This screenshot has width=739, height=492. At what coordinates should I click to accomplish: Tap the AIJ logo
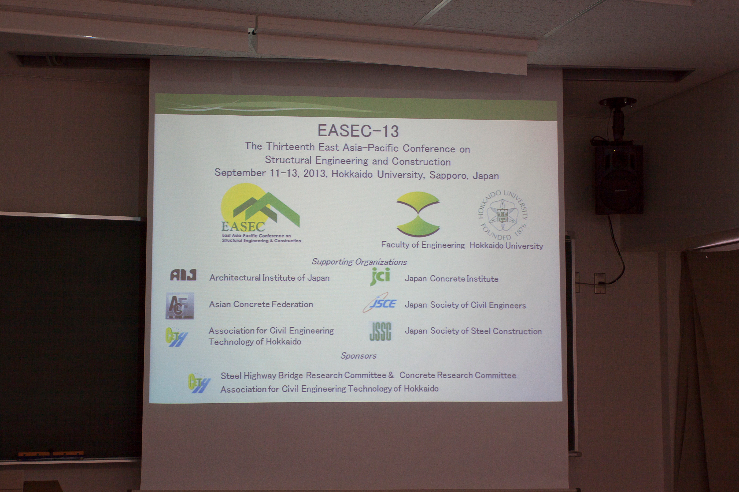tap(183, 275)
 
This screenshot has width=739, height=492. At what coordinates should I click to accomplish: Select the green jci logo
tap(380, 276)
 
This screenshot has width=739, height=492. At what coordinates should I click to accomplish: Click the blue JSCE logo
tap(380, 303)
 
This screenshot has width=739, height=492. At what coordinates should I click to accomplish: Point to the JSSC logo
tap(380, 331)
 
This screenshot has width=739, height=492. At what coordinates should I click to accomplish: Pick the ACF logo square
tap(180, 306)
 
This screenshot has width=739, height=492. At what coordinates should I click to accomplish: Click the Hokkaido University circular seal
tap(503, 215)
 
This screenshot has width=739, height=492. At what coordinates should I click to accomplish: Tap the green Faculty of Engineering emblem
tap(418, 214)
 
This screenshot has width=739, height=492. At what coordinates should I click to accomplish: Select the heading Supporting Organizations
tap(359, 262)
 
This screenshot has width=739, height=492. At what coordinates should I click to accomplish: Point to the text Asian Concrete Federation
tap(261, 304)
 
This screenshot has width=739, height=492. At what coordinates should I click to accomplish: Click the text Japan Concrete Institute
tap(451, 279)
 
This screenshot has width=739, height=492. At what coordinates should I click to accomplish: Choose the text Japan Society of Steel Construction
tap(473, 331)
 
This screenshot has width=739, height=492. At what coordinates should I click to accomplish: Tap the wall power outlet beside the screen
tap(600, 283)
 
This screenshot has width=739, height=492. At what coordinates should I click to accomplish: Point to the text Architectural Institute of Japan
tap(269, 278)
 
